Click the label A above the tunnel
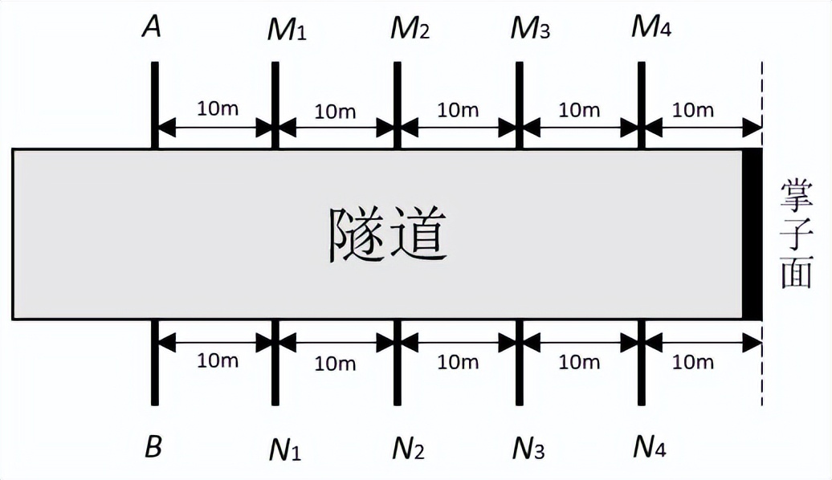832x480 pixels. click(152, 28)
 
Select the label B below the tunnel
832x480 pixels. click(153, 447)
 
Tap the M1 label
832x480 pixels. click(287, 31)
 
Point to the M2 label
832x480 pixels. click(410, 30)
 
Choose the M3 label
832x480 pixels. click(530, 30)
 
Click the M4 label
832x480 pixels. click(651, 29)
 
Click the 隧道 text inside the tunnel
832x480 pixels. click(387, 234)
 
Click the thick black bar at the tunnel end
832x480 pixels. click(751, 234)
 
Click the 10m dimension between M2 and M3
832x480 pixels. click(458, 108)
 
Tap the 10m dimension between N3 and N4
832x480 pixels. click(579, 361)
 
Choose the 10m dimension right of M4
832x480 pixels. click(692, 108)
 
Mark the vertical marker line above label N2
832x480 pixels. click(397, 361)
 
